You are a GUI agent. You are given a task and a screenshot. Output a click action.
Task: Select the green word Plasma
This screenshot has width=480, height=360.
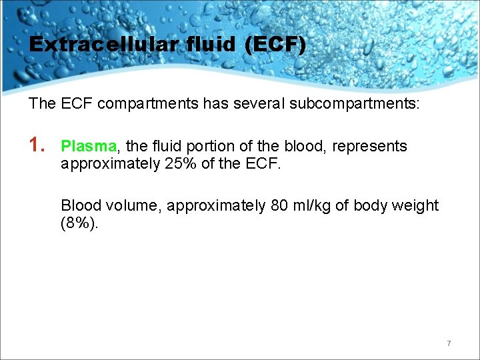click(89, 146)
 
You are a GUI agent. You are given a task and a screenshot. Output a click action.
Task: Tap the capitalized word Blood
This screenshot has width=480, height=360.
click(80, 205)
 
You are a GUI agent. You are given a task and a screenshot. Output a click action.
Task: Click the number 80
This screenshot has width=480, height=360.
click(279, 205)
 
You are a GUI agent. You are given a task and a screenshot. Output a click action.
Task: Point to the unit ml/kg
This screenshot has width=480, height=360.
click(313, 205)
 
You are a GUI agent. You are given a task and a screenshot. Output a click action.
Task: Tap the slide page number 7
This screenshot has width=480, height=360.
click(449, 343)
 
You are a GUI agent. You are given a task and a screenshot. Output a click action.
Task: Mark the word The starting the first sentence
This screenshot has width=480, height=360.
click(41, 104)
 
